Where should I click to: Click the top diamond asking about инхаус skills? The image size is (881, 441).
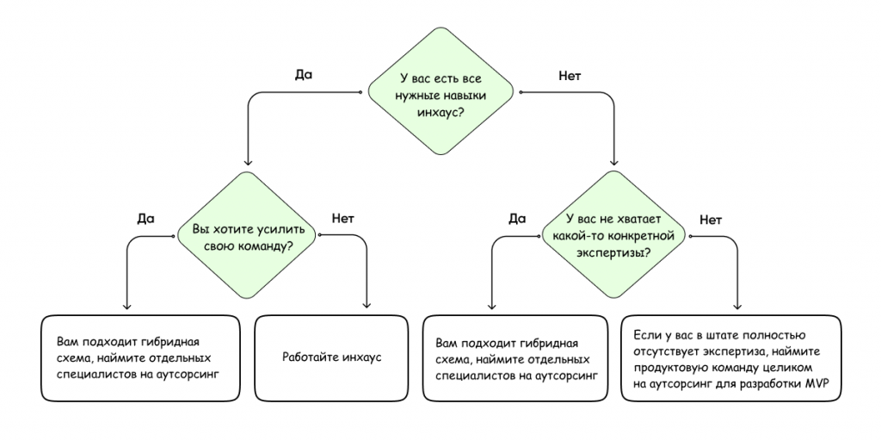(440, 91)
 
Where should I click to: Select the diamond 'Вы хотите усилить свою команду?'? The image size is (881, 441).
(249, 234)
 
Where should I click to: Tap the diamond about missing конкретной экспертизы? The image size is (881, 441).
(613, 234)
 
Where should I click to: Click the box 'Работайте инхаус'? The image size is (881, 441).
(331, 357)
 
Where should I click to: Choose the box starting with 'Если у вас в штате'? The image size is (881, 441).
(731, 357)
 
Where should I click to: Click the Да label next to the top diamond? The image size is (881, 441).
(304, 75)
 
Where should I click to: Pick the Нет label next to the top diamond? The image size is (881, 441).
(570, 76)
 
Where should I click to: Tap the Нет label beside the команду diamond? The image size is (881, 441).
(343, 218)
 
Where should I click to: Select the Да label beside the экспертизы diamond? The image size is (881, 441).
(516, 218)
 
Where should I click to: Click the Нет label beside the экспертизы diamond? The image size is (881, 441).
(711, 220)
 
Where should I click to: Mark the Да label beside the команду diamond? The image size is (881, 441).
(145, 218)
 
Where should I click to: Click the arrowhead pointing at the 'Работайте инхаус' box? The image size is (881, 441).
(367, 306)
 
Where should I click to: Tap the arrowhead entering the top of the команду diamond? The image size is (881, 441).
(248, 161)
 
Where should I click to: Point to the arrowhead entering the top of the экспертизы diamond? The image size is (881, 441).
(614, 161)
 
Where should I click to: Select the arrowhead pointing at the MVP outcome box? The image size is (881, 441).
(737, 306)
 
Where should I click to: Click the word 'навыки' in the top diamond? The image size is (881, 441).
(465, 95)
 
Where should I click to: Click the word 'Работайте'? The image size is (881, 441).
(311, 357)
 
